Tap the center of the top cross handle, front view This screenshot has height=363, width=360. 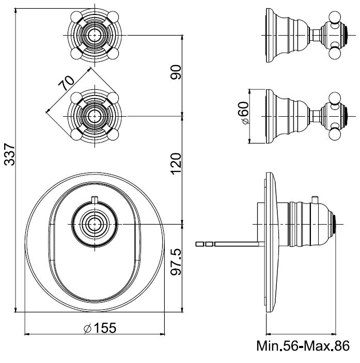pos(93,35)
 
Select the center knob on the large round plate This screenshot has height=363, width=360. pos(93,224)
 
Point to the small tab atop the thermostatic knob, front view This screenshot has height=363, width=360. pos(93,199)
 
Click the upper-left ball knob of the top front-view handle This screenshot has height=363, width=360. pos(75,15)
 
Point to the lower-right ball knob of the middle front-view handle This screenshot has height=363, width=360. pos(113,134)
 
